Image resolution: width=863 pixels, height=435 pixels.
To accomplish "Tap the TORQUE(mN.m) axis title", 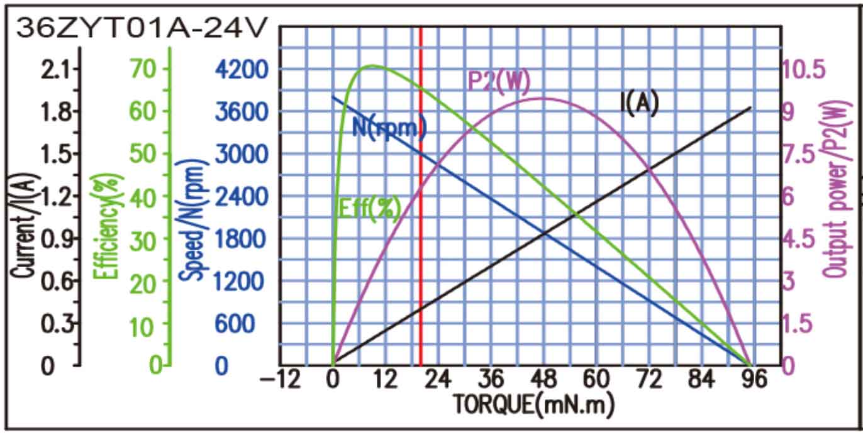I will (x=533, y=404).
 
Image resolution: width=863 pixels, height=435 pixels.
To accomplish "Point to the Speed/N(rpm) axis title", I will (x=192, y=220).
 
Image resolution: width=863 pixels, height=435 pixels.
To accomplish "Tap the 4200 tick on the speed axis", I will (x=240, y=70).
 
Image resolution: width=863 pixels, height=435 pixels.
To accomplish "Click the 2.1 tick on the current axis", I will (x=55, y=69).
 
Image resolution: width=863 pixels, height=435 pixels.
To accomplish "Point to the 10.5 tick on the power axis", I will (x=808, y=70).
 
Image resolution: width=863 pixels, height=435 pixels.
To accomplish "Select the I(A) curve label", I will (x=639, y=104).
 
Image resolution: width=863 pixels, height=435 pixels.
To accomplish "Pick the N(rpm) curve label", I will (x=389, y=128).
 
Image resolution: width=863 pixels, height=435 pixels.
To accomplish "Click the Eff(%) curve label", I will (x=370, y=209).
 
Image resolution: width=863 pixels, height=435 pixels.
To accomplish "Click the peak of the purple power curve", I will (x=542, y=98).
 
